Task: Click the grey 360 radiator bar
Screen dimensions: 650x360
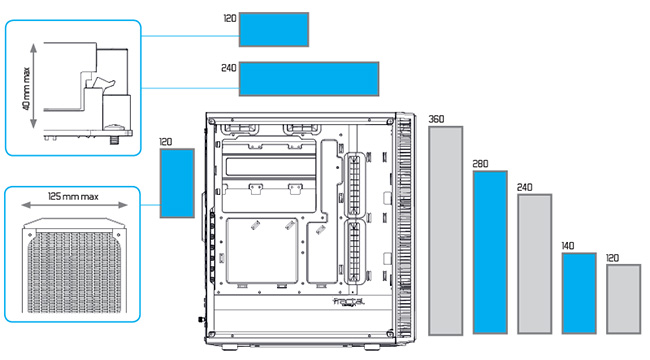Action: (446, 231)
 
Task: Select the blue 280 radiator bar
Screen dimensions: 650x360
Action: (490, 253)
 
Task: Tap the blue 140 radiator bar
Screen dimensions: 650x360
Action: (579, 293)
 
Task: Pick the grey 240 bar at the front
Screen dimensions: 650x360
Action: (535, 264)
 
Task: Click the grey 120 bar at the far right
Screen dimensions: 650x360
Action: (623, 299)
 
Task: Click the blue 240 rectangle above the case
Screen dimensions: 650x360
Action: (309, 79)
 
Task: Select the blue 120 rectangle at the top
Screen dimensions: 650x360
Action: (274, 29)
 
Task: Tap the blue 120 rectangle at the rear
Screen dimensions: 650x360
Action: (177, 183)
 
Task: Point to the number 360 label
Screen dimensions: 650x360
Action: (436, 119)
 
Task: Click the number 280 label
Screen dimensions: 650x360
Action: (480, 164)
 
